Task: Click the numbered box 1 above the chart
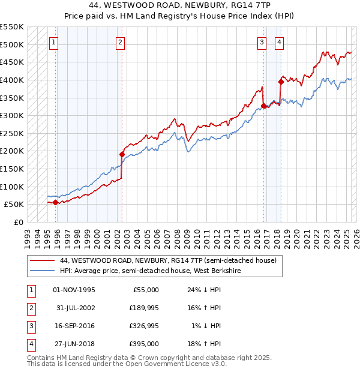(54, 42)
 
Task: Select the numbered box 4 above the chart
(280, 42)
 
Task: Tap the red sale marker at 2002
(122, 154)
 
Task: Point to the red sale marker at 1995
(56, 202)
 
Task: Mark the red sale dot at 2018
(281, 82)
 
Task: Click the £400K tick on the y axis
(12, 80)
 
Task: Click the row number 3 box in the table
(30, 326)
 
